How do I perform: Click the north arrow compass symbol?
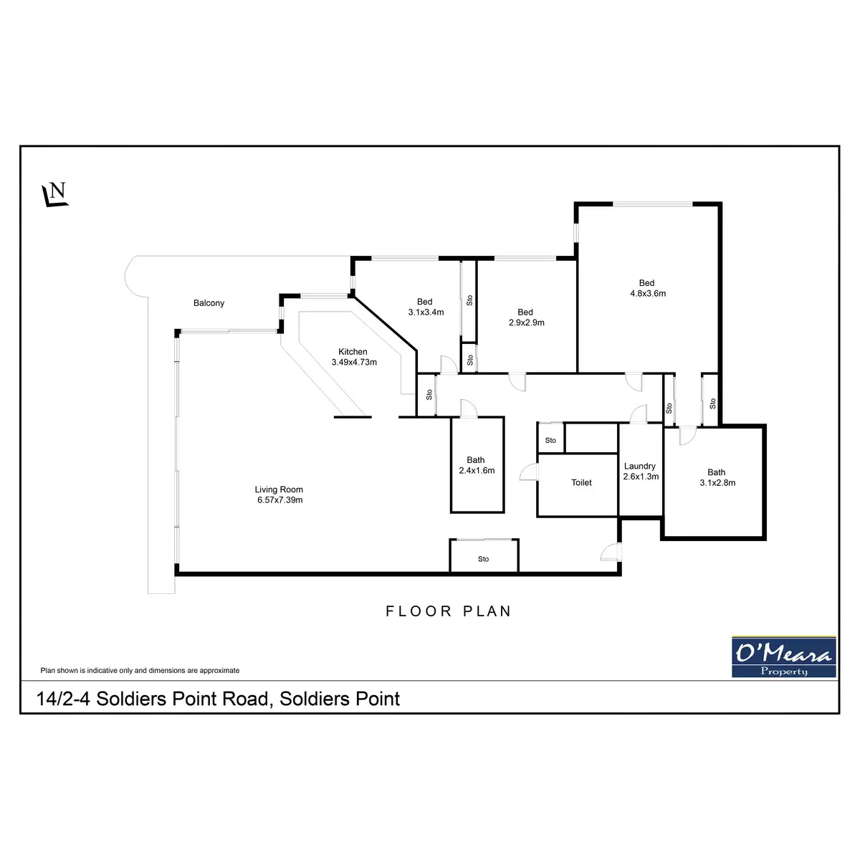coord(55,195)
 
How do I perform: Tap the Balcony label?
coord(209,303)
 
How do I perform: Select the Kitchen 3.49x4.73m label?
coord(354,357)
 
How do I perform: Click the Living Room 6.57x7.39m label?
coord(279,495)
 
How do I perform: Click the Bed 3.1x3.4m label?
coord(425,307)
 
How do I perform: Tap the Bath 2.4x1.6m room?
coord(477,465)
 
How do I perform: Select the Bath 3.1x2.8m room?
coord(716,477)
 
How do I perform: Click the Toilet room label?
coord(581,483)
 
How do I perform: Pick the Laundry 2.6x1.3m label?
coord(640,471)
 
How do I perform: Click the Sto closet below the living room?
coord(484,558)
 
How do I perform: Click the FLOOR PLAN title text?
coord(449,611)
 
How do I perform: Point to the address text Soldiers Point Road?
coord(219,699)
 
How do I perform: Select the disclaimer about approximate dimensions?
coord(140,671)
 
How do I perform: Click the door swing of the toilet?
coord(528,472)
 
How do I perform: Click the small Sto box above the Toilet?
coord(550,440)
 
